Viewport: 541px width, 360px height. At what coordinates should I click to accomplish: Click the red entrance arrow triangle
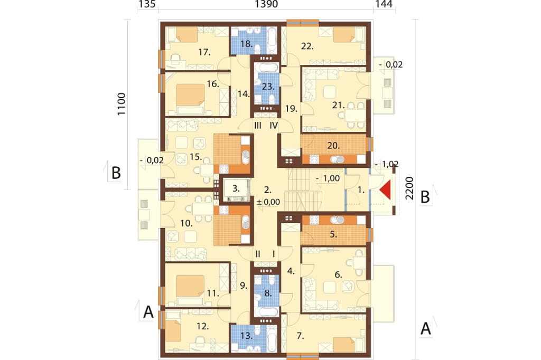coord(386,190)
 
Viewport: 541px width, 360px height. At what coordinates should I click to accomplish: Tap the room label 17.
coord(204,52)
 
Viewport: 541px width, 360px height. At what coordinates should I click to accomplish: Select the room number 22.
coord(307,46)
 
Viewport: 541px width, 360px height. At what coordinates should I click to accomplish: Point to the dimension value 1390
coord(266,4)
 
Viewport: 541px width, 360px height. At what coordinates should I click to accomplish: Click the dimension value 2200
coord(409,188)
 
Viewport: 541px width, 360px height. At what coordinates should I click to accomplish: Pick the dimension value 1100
coord(121,104)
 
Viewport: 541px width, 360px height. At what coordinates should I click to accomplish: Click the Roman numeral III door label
coord(258,126)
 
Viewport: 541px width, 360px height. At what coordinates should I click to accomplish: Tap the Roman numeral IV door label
coord(274,126)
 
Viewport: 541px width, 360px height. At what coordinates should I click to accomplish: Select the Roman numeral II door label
coord(258,254)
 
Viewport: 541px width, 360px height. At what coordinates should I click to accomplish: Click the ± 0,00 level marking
coord(268,202)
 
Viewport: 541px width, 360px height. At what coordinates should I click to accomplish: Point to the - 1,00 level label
coord(328,178)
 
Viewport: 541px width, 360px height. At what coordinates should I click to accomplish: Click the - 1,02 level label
coord(386,164)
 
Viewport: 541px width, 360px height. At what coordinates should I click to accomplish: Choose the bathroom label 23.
coord(268,87)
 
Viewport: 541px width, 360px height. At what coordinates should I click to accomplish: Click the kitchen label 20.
coord(333,146)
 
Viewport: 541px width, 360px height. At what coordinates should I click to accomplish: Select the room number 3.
coord(236,188)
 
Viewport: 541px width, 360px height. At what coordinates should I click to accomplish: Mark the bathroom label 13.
coord(247,336)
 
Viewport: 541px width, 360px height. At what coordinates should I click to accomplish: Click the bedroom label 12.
coord(202,326)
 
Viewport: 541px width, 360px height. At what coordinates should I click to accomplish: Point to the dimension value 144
coord(384,4)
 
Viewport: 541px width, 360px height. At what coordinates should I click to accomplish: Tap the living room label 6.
coord(339,274)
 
